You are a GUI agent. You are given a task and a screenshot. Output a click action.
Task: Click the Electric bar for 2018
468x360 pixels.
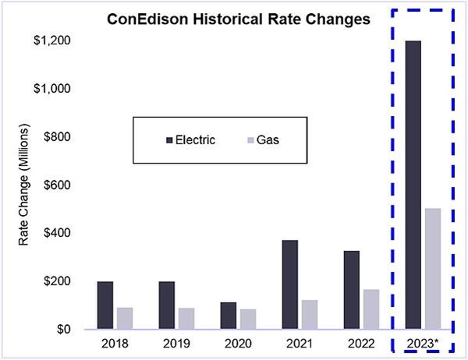click(105, 305)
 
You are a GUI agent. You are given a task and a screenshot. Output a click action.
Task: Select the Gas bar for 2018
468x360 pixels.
click(124, 318)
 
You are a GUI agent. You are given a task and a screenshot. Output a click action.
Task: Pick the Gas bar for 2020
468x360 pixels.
click(247, 319)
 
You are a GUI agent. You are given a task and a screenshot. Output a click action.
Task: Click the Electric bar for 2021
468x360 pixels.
click(289, 284)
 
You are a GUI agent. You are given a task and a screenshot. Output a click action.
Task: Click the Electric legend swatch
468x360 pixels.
click(171, 139)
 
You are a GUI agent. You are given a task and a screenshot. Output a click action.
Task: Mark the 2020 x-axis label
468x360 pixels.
click(238, 344)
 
